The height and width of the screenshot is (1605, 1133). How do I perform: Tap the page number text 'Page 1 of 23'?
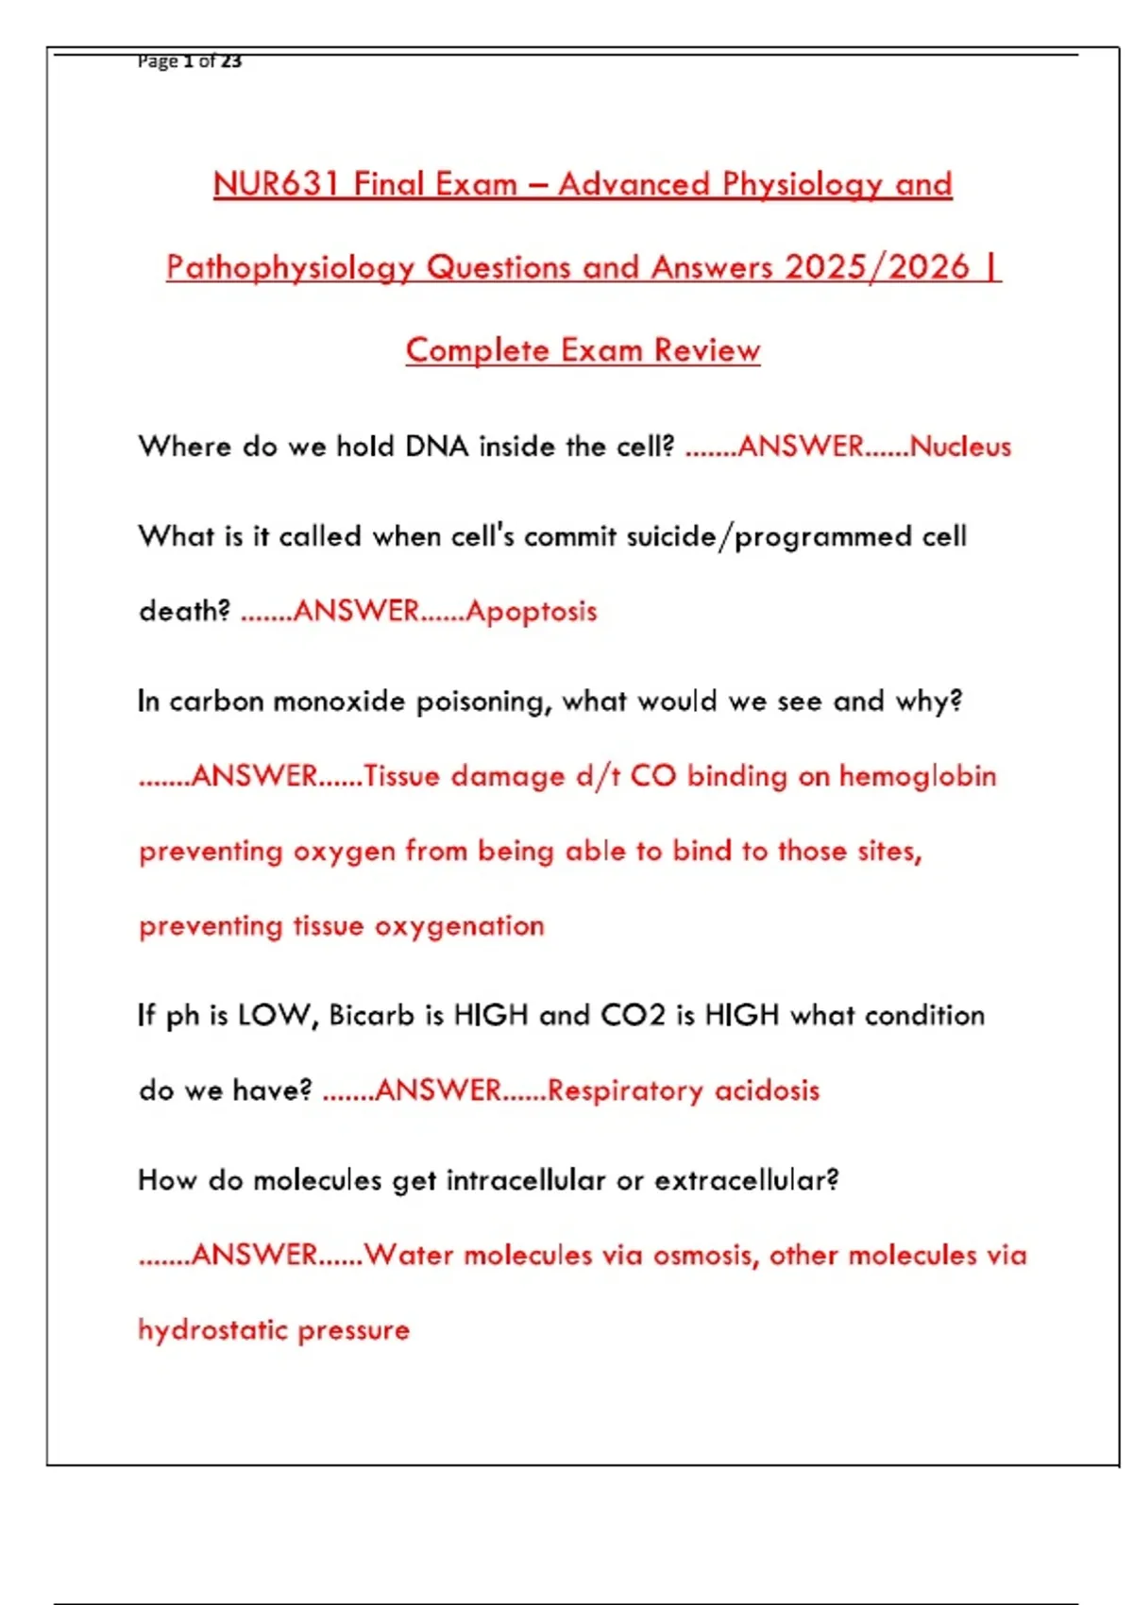tap(189, 61)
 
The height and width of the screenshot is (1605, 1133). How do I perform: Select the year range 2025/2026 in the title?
tap(877, 266)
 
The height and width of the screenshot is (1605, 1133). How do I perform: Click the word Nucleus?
tap(960, 446)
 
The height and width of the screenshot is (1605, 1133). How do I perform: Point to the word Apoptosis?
tap(531, 611)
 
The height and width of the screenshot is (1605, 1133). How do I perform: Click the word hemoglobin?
tap(917, 776)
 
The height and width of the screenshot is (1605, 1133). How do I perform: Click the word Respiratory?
tap(625, 1090)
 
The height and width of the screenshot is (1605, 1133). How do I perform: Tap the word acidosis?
tap(767, 1090)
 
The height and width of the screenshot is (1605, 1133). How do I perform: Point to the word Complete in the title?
tap(478, 349)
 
